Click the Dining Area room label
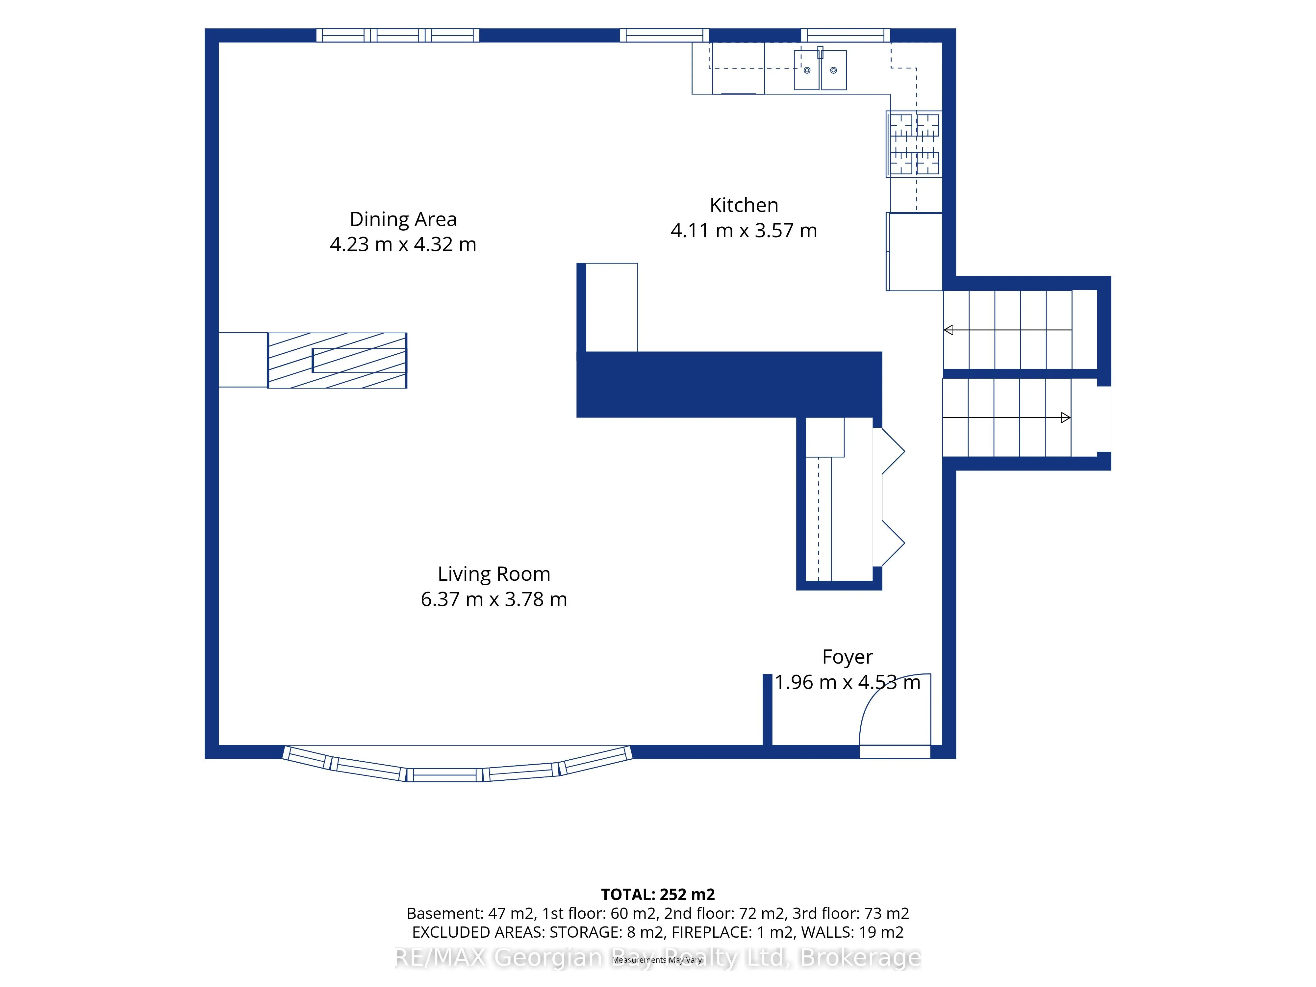tap(403, 219)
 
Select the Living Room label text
tap(494, 574)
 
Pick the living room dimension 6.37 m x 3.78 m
tap(494, 599)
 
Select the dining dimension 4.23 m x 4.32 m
tap(403, 244)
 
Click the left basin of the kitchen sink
tap(807, 70)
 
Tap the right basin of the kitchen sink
tap(833, 70)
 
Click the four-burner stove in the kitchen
tap(914, 144)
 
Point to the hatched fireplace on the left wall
tap(337, 361)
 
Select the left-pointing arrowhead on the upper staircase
tap(948, 330)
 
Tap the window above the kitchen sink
tap(846, 36)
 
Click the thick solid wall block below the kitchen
tap(729, 384)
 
